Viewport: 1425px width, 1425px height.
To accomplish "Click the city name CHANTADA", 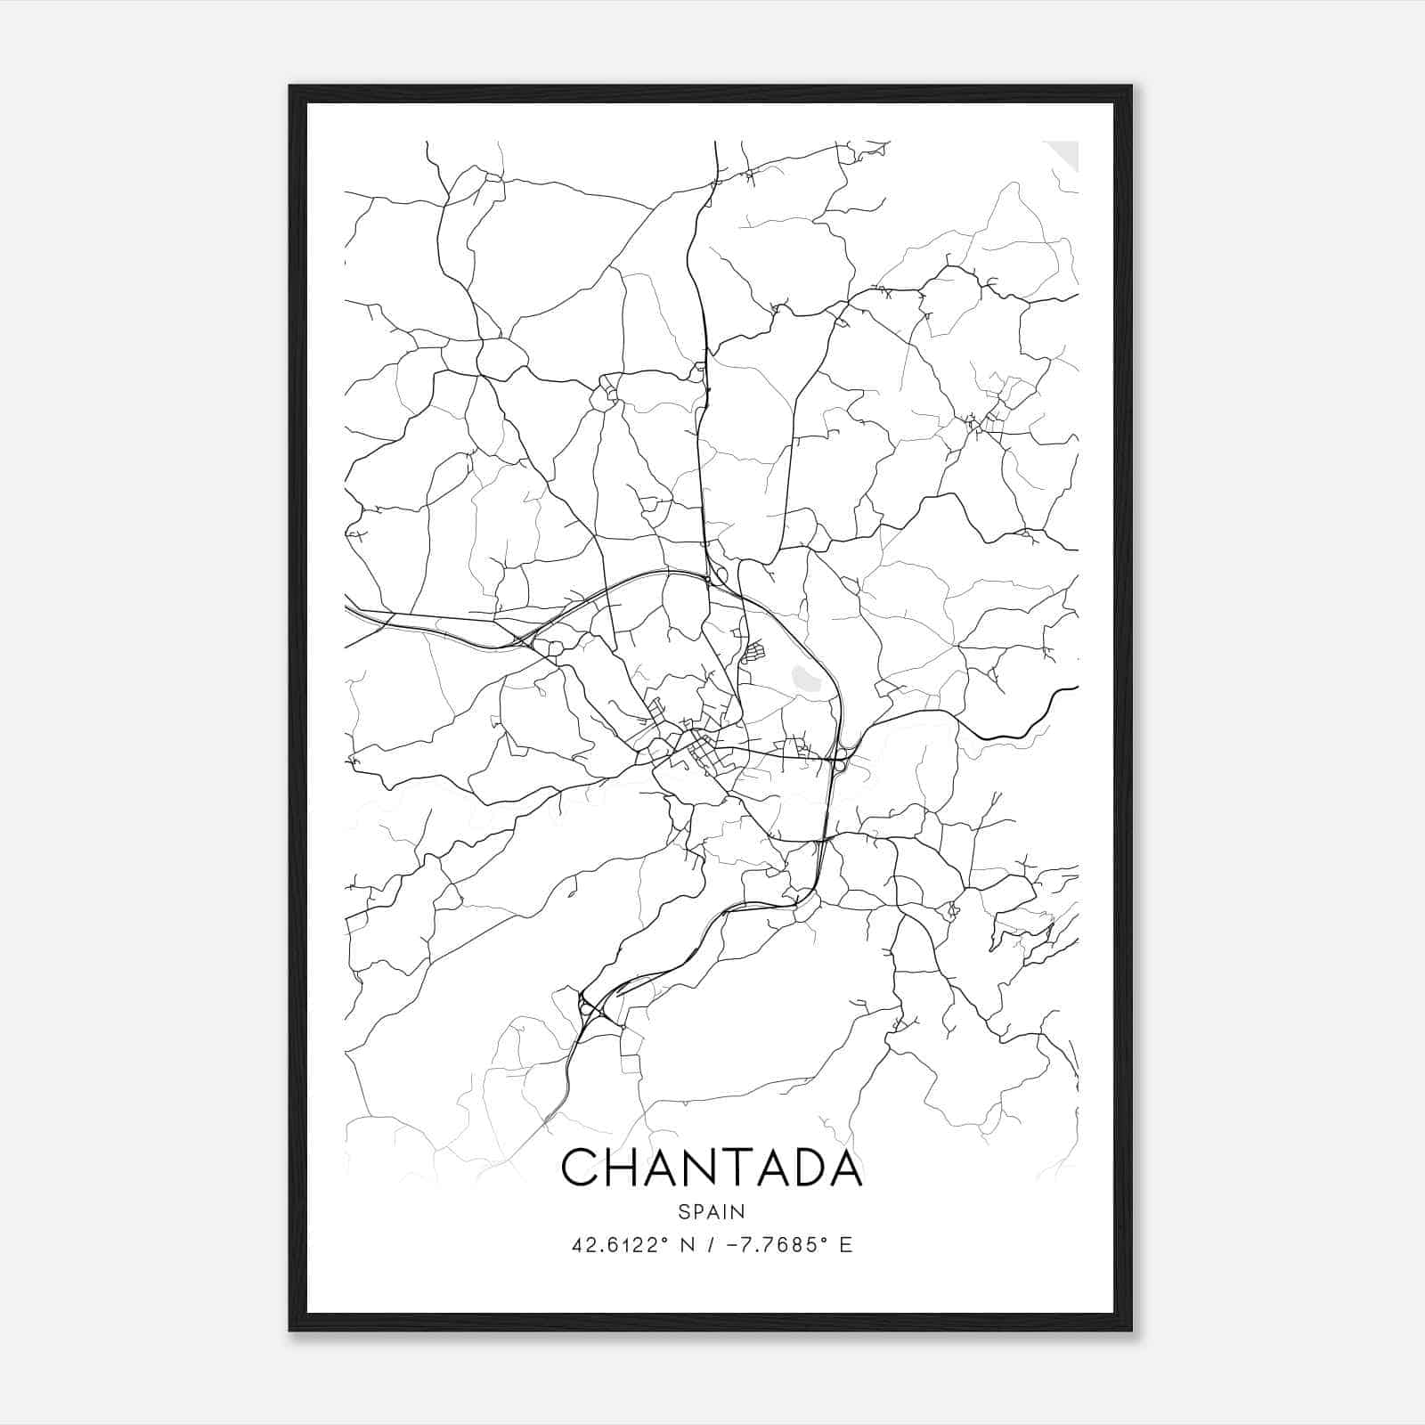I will coord(712,1168).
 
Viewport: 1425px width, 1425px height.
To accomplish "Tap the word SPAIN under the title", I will coord(712,1212).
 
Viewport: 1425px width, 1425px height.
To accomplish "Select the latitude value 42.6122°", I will coord(619,1245).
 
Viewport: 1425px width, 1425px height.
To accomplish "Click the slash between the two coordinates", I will coord(710,1245).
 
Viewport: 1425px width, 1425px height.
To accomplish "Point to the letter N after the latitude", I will coord(687,1245).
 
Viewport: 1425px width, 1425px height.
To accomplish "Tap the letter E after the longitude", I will coord(846,1245).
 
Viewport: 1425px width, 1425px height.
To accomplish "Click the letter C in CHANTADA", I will coord(581,1168).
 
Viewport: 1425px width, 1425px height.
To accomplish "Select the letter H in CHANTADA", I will coord(626,1168).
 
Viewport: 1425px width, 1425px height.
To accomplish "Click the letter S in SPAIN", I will coord(683,1212).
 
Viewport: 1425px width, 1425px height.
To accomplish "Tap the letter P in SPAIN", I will coord(697,1212).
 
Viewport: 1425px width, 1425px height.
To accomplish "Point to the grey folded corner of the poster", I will coord(1064,153).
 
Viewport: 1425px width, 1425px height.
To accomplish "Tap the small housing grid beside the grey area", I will coord(753,652).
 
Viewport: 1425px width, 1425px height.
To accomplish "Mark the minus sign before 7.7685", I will coord(733,1245).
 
